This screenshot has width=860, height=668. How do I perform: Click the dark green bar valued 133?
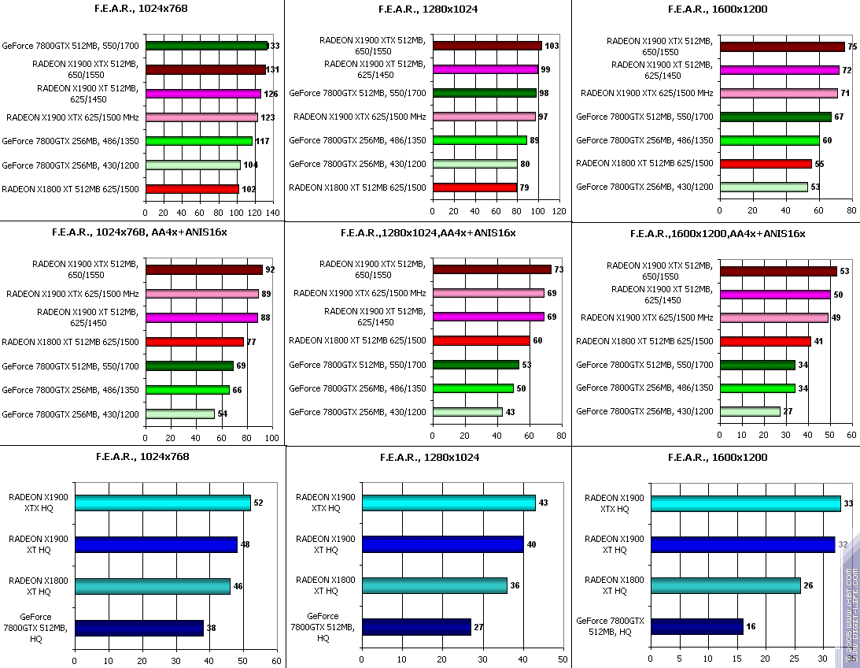206,46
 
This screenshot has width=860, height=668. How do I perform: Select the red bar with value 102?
192,189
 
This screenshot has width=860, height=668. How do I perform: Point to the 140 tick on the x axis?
272,213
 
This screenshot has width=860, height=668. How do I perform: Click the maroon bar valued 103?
487,46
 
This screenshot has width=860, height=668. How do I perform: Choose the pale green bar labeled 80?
474,164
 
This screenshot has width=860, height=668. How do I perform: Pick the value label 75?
852,46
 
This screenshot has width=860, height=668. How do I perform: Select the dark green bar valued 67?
775,117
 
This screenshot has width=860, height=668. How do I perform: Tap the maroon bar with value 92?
204,269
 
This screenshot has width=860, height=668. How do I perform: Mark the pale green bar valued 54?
180,414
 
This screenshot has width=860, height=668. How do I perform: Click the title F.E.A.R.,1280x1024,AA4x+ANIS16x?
429,233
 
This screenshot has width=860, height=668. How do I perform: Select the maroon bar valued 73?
492,269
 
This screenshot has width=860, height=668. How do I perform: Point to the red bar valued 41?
766,342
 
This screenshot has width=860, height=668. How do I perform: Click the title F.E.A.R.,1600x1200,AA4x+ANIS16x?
718,233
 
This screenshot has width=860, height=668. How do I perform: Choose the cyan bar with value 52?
162,503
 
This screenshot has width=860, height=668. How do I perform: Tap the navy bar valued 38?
138,627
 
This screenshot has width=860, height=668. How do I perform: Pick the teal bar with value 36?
434,585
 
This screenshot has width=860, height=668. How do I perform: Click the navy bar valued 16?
696,626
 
